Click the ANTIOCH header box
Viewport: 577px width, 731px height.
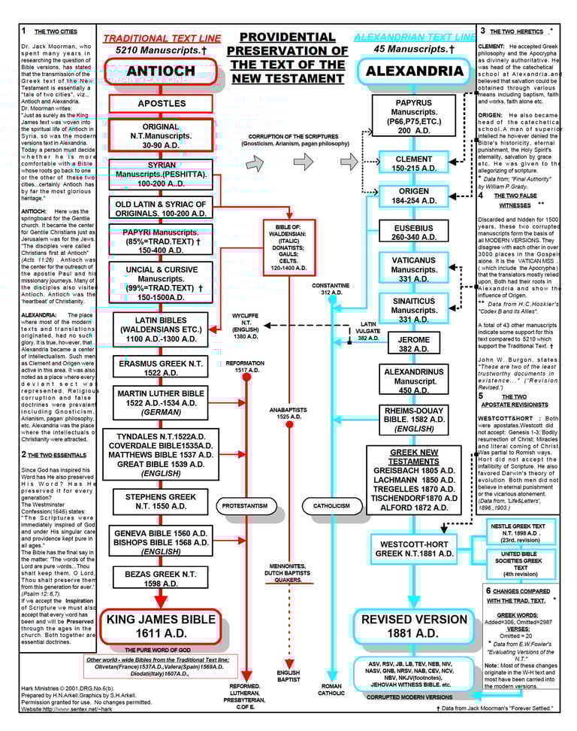click(x=161, y=71)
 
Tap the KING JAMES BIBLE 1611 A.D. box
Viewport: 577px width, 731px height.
click(x=161, y=626)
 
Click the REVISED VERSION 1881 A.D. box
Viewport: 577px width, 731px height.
click(x=415, y=626)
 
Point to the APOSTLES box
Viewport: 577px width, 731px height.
click(x=161, y=103)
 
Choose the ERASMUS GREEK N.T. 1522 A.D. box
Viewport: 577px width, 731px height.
click(x=161, y=367)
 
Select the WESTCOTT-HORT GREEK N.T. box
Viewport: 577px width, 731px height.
click(x=415, y=548)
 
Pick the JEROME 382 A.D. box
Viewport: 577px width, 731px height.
click(x=414, y=344)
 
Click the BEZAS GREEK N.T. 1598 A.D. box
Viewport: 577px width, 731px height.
click(x=161, y=578)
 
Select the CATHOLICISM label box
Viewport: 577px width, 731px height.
click(x=331, y=506)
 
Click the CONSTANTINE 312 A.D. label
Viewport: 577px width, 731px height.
click(x=331, y=289)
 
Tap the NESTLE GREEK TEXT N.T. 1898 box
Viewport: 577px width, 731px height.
click(x=518, y=532)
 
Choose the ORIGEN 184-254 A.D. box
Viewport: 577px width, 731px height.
click(x=414, y=196)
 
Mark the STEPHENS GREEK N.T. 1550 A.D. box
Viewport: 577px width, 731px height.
click(x=161, y=502)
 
